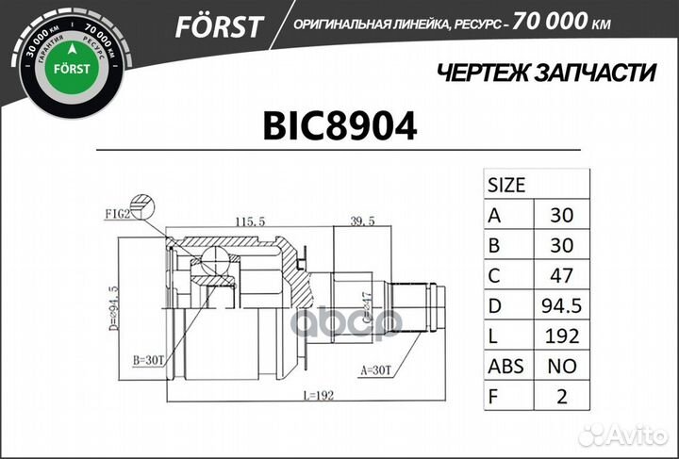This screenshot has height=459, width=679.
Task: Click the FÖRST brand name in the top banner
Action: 218,26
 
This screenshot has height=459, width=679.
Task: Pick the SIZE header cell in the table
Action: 506,184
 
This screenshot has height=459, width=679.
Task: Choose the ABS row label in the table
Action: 508,366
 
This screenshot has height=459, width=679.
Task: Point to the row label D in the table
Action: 494,305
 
